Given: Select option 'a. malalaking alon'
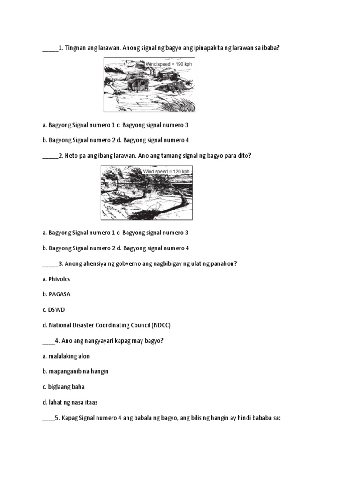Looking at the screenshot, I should pyautogui.click(x=66, y=356).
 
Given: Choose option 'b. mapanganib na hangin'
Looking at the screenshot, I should pyautogui.click(x=75, y=371).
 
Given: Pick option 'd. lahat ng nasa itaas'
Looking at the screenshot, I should pyautogui.click(x=70, y=402).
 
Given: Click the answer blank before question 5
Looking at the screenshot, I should pyautogui.click(x=48, y=418).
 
